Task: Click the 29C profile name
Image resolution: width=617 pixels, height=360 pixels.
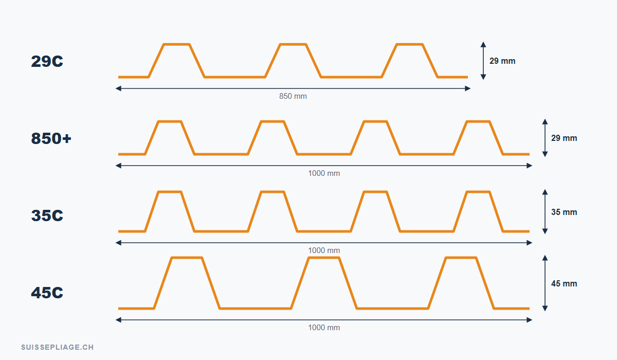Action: (x=47, y=61)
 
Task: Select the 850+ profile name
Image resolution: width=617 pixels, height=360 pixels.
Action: (x=51, y=138)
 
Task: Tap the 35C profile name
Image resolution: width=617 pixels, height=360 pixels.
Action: (x=47, y=215)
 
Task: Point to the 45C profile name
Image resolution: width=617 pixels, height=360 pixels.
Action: (x=47, y=293)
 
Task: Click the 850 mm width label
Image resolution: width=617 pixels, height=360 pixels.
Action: (x=293, y=96)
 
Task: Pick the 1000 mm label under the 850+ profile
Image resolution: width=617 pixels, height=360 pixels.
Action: (x=324, y=173)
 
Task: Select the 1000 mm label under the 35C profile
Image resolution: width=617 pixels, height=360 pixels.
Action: (x=324, y=250)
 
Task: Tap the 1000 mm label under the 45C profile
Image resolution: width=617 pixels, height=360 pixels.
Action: (x=324, y=328)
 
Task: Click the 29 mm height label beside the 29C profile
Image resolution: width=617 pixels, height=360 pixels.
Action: (x=502, y=61)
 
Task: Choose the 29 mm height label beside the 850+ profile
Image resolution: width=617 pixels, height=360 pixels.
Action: (x=564, y=138)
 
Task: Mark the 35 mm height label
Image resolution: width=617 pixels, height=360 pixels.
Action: (x=564, y=212)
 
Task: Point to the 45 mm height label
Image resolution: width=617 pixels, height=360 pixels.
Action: (x=564, y=283)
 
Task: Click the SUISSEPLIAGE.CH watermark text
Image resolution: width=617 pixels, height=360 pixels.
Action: (x=57, y=347)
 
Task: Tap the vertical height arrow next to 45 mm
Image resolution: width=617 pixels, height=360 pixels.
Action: (x=545, y=283)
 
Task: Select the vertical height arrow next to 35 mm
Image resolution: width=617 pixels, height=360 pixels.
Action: (x=545, y=211)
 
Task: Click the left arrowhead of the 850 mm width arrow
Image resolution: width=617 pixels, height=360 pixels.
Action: (x=118, y=88)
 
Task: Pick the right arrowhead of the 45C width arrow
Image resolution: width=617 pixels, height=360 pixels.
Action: (x=529, y=320)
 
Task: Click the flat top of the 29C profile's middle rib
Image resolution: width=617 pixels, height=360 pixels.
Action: (x=293, y=44)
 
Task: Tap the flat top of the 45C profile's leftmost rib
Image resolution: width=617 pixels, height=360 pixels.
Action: (x=187, y=258)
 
